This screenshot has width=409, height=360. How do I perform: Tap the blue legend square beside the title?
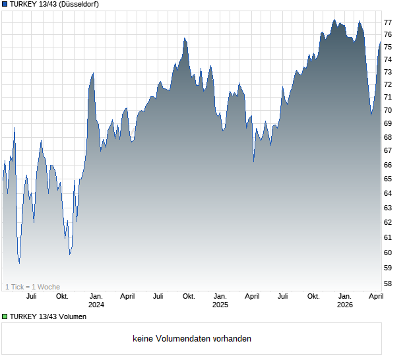pyautogui.click(x=5, y=5)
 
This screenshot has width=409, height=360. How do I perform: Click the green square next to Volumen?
pyautogui.click(x=5, y=316)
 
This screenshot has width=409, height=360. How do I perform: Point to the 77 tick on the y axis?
pyautogui.click(x=389, y=22)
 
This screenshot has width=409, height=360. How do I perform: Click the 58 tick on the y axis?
pyautogui.click(x=389, y=284)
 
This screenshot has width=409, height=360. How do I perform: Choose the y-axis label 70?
pyautogui.click(x=389, y=110)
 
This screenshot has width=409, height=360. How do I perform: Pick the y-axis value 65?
pyautogui.click(x=389, y=179)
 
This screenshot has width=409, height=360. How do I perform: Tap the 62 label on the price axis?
pyautogui.click(x=389, y=222)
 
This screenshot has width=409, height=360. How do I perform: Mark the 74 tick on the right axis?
pyautogui.click(x=389, y=59)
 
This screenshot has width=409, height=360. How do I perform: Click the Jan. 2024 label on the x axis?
pyautogui.click(x=96, y=301)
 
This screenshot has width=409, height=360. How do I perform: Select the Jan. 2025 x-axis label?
pyautogui.click(x=220, y=301)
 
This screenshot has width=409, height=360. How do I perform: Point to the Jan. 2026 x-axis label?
pyautogui.click(x=344, y=301)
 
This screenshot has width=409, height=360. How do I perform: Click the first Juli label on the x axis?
pyautogui.click(x=31, y=296)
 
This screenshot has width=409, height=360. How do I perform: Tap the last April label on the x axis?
pyautogui.click(x=375, y=296)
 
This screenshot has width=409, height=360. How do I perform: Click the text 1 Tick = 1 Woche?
pyautogui.click(x=32, y=287)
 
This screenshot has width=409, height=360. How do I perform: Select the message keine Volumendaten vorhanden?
pyautogui.click(x=192, y=339)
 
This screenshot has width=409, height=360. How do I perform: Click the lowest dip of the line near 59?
pyautogui.click(x=19, y=263)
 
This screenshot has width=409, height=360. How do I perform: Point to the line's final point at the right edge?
pyautogui.click(x=380, y=42)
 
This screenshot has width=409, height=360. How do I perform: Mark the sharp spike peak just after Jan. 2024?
pyautogui.click(x=93, y=73)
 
